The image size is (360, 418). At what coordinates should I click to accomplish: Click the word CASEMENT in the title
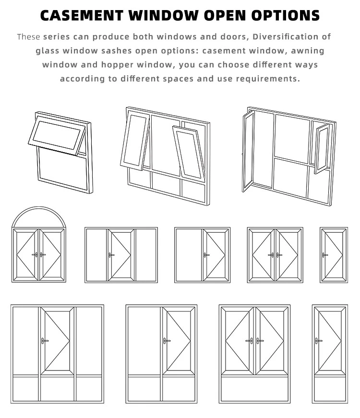pos(82,15)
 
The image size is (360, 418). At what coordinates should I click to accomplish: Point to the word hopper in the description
pos(117,65)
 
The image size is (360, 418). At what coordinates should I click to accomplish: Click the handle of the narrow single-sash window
pos(324,255)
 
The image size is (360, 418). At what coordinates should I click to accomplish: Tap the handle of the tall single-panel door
pos(318,341)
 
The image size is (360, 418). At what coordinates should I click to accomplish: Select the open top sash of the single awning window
pos(57,135)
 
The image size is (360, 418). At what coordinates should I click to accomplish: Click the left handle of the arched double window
pos(35,255)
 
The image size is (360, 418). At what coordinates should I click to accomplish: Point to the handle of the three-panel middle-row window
pos(111,255)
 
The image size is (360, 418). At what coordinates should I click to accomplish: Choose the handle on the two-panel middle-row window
pos(206,255)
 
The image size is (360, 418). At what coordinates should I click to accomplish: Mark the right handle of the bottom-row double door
pos(260,341)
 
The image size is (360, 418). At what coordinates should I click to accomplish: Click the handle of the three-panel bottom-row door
pos(45,341)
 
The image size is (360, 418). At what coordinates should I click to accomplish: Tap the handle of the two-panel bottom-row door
pos(167,341)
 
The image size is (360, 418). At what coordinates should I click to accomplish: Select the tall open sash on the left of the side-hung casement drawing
pos(248,152)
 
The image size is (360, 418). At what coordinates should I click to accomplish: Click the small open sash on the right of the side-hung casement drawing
pos(322,149)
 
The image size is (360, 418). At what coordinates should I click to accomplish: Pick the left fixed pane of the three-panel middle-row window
pos(96,255)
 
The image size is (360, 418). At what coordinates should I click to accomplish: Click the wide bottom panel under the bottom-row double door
pos(255,388)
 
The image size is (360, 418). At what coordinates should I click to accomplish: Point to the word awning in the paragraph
pos(308,51)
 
